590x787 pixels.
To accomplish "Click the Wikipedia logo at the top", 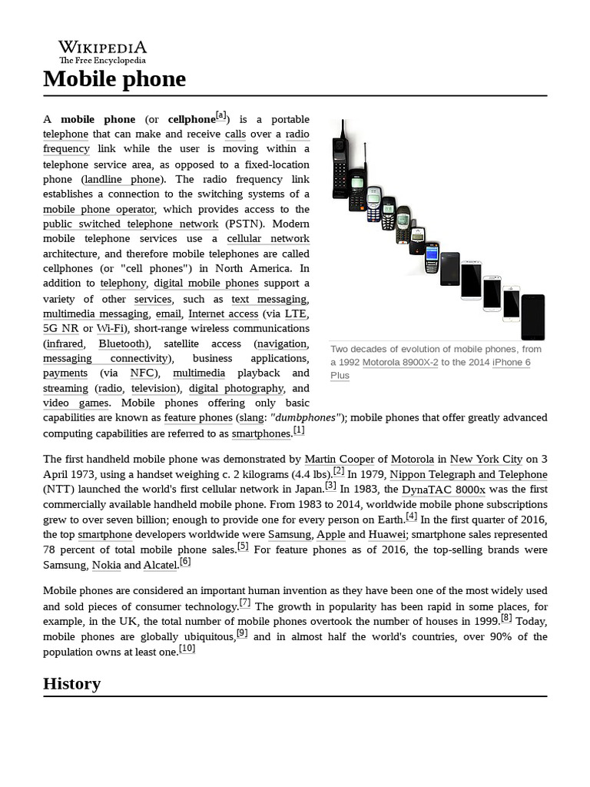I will click(102, 51).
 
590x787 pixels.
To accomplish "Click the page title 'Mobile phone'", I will click(114, 78).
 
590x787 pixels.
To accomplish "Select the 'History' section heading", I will click(71, 683).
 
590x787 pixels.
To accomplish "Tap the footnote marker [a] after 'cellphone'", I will click(221, 115).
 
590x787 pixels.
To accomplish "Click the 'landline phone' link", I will click(122, 179).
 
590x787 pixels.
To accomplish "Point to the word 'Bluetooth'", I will click(121, 344).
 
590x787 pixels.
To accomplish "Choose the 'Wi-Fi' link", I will click(111, 328).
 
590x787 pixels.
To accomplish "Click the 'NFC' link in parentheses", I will click(142, 374).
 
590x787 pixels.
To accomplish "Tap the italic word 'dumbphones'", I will click(306, 418).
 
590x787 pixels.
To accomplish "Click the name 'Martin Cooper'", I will click(340, 460).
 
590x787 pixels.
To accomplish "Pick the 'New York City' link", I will click(486, 460).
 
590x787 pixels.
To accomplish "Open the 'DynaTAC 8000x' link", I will click(443, 490).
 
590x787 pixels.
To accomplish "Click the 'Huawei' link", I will click(387, 534).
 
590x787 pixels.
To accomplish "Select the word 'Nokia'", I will click(106, 565).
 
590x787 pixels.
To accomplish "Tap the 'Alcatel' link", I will click(160, 565).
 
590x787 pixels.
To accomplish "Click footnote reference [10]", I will click(187, 649).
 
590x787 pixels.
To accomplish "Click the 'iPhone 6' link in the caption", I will click(511, 363).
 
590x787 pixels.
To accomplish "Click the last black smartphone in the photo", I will click(532, 317).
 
